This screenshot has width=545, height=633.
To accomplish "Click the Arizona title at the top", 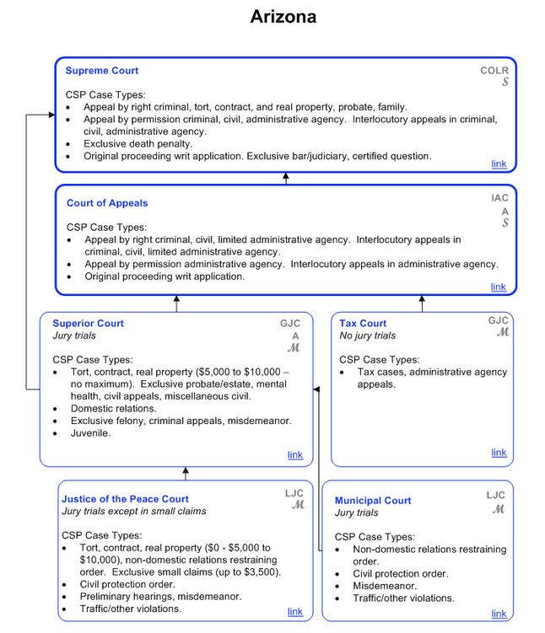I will pyautogui.click(x=283, y=17).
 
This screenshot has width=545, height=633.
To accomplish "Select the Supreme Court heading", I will pyautogui.click(x=101, y=71).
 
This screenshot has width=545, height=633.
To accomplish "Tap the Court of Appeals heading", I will pyautogui.click(x=107, y=203).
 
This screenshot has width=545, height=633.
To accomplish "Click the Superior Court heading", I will pyautogui.click(x=88, y=324).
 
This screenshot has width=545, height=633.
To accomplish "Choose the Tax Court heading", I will pyautogui.click(x=363, y=324).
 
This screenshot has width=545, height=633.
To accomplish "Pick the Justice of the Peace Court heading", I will pyautogui.click(x=125, y=499).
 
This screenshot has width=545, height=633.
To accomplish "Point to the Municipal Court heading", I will pyautogui.click(x=373, y=501).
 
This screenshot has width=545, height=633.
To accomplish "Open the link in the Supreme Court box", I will pyautogui.click(x=499, y=164).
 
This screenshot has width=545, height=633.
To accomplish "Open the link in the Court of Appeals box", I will pyautogui.click(x=499, y=287).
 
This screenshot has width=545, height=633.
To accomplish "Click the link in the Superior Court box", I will pyautogui.click(x=294, y=455).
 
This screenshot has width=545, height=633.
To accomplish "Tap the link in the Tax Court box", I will pyautogui.click(x=499, y=453).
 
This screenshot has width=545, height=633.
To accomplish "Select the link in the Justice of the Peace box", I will pyautogui.click(x=294, y=611).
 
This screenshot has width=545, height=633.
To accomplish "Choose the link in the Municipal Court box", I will pyautogui.click(x=499, y=614).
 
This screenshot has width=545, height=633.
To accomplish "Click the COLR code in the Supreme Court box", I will pyautogui.click(x=494, y=71).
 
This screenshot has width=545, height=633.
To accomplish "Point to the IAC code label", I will pyautogui.click(x=499, y=198).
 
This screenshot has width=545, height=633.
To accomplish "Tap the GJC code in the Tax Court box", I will pyautogui.click(x=498, y=320).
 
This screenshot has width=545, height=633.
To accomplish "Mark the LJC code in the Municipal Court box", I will pyautogui.click(x=495, y=495).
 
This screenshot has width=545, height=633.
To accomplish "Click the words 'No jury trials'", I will pyautogui.click(x=367, y=335).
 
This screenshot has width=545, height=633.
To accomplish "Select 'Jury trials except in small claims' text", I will pyautogui.click(x=133, y=511).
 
